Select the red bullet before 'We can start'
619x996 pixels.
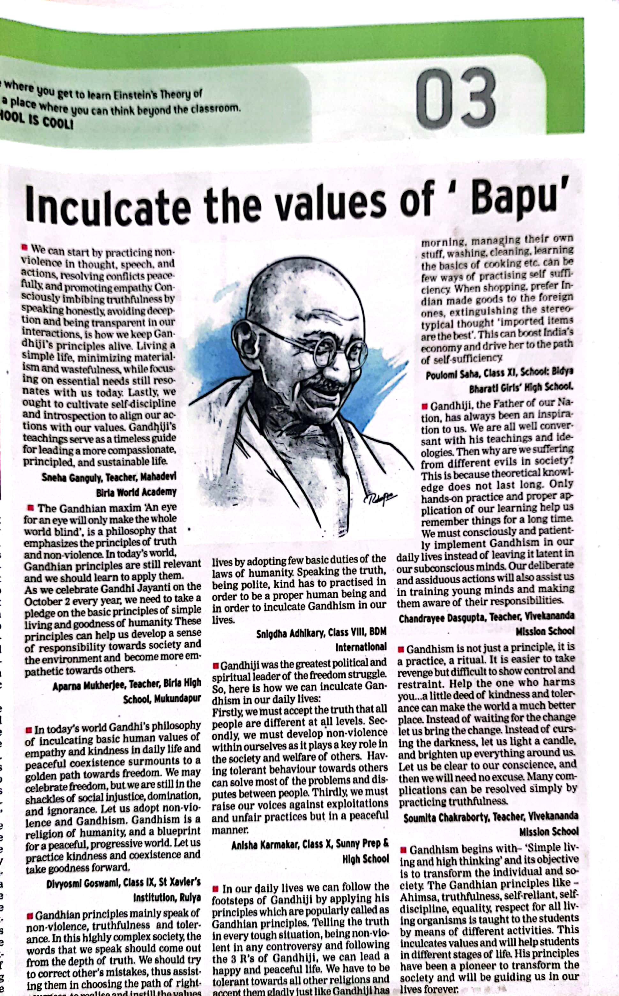(x=25, y=248)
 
